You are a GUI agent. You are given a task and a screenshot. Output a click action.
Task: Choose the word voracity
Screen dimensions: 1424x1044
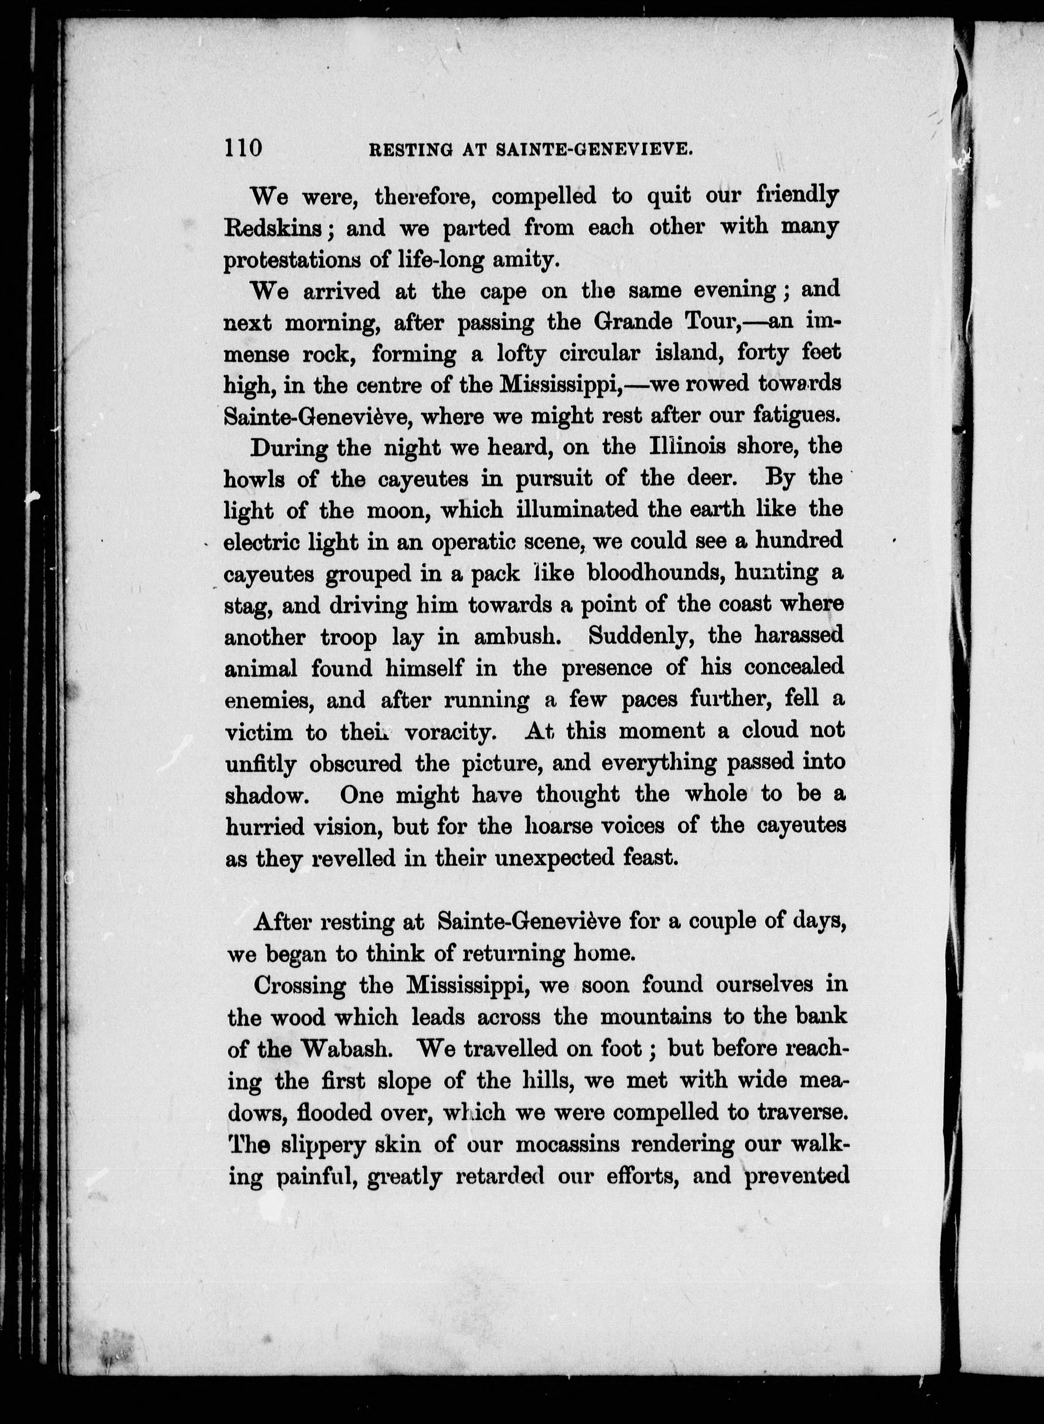[x=448, y=732]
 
